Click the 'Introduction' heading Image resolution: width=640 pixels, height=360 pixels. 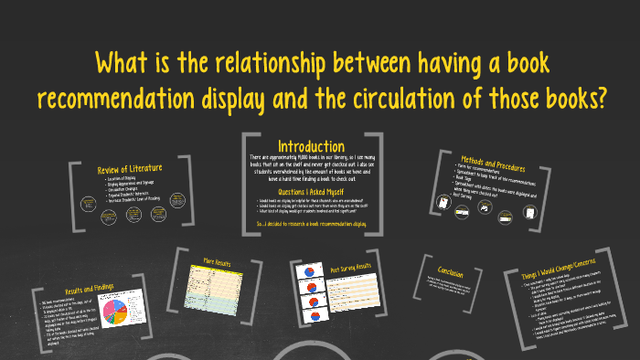[311, 146]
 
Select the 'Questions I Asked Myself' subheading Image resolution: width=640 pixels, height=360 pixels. [311, 192]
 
